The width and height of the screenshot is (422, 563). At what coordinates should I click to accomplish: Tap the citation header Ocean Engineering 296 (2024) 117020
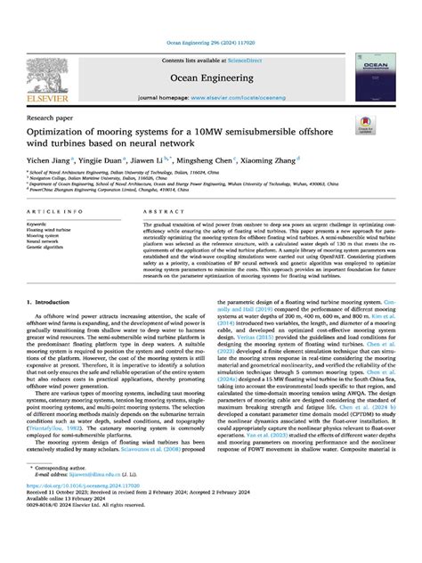click(210, 43)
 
